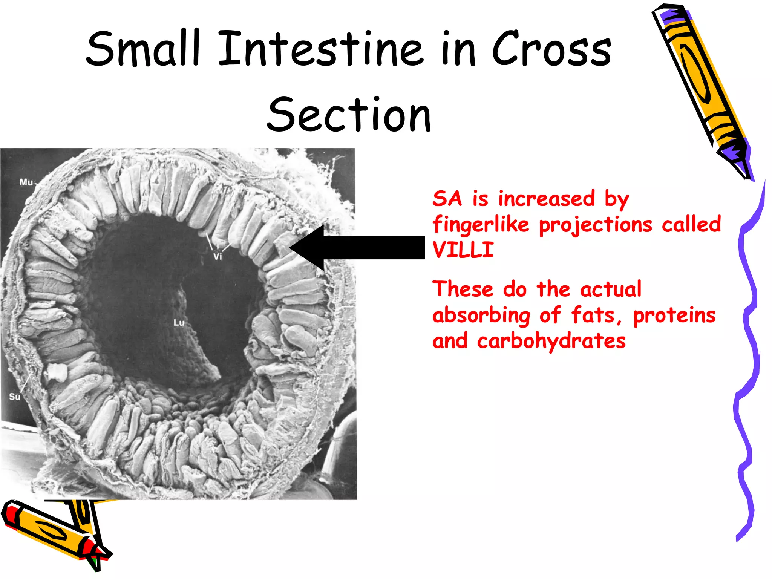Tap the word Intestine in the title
[320, 49]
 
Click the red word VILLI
[463, 250]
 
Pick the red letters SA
[447, 199]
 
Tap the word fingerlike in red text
[481, 225]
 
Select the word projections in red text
[596, 225]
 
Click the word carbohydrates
[551, 341]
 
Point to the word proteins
[674, 316]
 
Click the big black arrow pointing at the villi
[358, 248]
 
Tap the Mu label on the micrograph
[26, 182]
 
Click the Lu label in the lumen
[179, 323]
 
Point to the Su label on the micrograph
[14, 397]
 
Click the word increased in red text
[547, 199]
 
